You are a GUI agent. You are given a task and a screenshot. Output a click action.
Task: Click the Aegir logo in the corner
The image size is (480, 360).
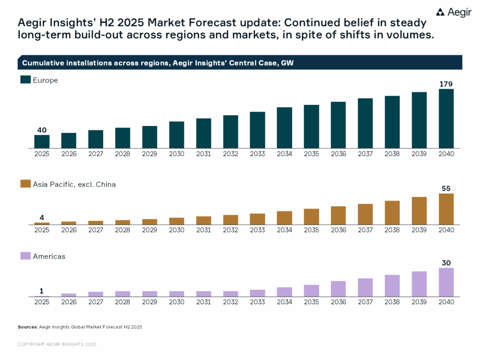pos(454,13)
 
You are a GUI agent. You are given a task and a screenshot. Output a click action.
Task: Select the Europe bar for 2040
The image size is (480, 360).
pos(446,119)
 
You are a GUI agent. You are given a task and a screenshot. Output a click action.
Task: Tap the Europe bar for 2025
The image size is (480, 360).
pos(42,142)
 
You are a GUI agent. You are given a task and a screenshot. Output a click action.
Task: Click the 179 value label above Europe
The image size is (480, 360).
pos(446,84)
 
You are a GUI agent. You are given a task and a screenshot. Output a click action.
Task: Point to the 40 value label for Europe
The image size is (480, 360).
pos(42,130)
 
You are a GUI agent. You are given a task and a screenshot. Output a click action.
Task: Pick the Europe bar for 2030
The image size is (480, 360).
pos(177,135)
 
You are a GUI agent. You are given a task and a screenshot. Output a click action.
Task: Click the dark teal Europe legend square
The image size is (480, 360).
pos(25,80)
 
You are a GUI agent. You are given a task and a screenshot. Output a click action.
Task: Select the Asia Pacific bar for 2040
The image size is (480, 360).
pos(446,209)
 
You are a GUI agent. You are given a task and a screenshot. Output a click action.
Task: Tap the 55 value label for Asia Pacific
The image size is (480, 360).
pos(446,188)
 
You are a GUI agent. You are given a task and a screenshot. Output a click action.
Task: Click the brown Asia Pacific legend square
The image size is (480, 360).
pos(25,185)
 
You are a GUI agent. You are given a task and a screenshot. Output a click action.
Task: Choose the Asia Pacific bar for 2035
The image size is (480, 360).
pos(311,217)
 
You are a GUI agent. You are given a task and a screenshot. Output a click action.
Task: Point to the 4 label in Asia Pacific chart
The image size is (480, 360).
pos(42,217)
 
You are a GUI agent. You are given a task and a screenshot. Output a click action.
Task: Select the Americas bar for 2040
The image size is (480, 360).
pos(446,282)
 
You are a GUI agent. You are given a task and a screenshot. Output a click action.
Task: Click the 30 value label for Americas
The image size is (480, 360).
pos(446,263)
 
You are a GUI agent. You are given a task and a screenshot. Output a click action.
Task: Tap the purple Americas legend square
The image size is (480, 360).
pos(25,256)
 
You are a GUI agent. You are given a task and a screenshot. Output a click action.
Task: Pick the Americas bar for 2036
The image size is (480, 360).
pos(338,289)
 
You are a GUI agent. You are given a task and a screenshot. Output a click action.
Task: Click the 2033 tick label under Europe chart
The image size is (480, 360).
pos(257,154)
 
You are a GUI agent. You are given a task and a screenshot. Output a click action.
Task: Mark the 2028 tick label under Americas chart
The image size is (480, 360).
pos(123,302)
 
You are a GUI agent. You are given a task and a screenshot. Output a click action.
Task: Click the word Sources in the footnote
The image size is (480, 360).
pos(27,327)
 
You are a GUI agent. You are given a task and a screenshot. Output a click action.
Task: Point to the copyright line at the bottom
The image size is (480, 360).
pos(57,344)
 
